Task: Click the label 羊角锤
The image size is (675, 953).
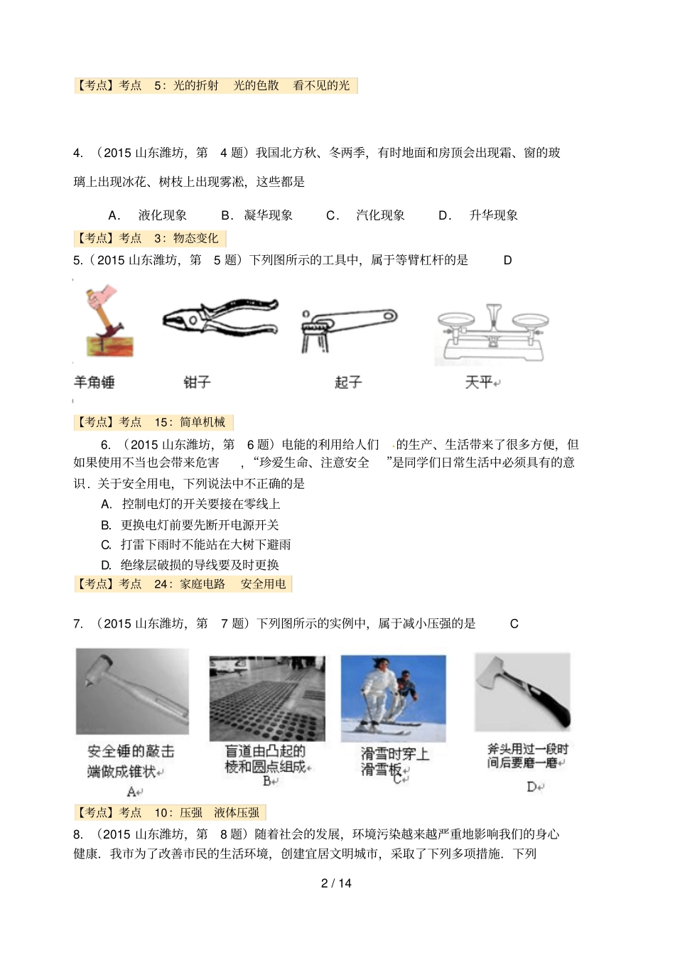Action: point(94,382)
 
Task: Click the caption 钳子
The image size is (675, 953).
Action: point(197,382)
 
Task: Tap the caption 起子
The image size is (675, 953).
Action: point(348,382)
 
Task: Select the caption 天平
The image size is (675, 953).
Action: point(480,382)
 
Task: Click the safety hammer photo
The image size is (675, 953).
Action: point(132,691)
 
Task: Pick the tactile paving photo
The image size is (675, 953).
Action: point(267,698)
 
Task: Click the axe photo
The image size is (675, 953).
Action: point(522,691)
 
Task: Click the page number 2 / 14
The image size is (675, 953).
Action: point(337,883)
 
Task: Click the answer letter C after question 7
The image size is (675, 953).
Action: point(514,623)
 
